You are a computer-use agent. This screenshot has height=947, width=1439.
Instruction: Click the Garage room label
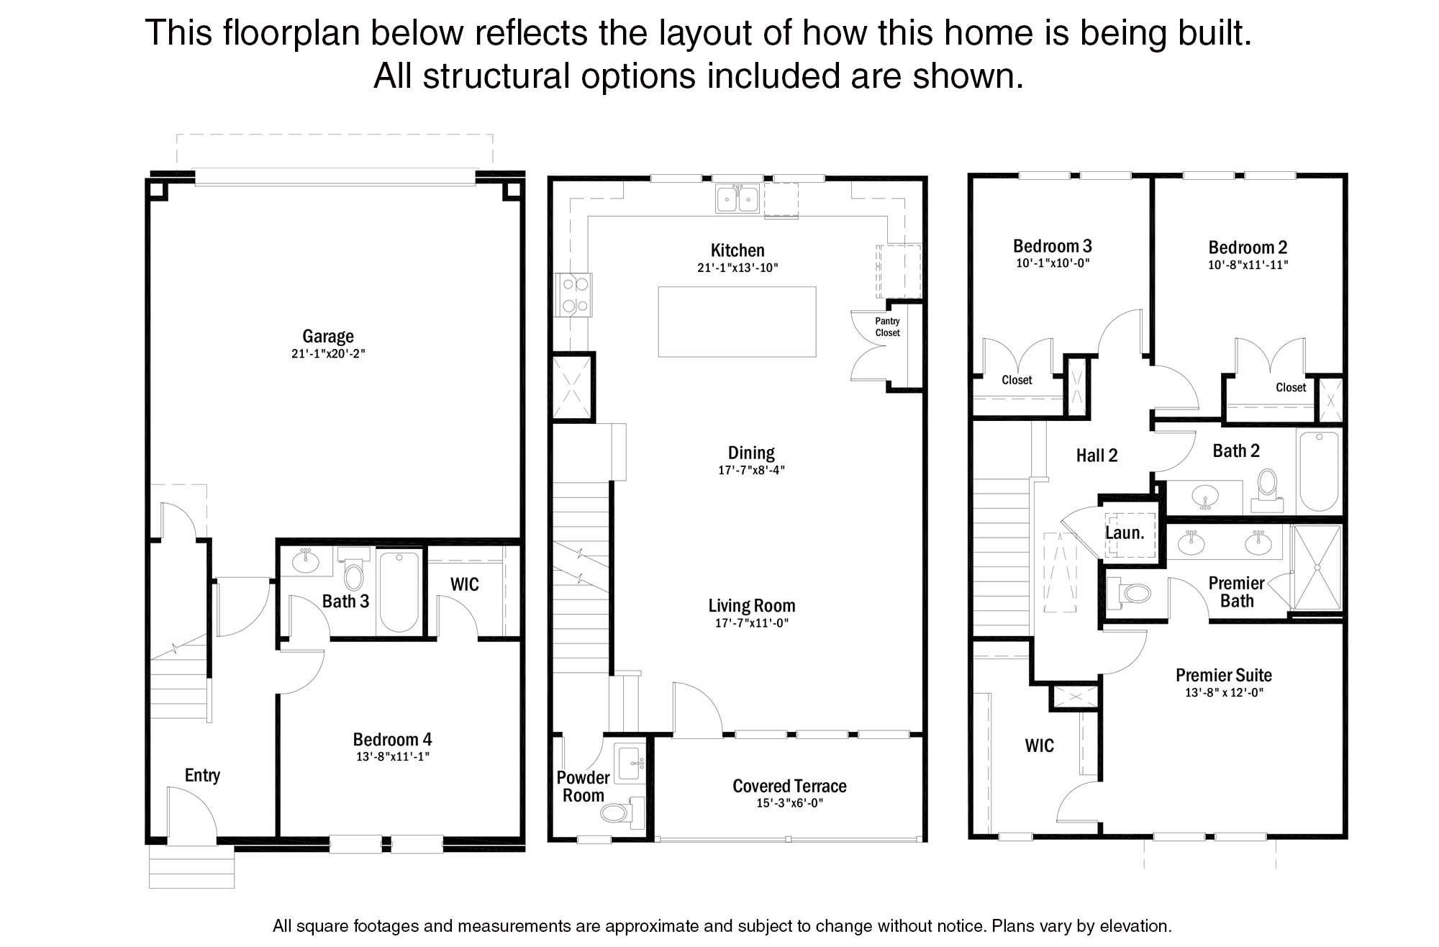[x=328, y=336]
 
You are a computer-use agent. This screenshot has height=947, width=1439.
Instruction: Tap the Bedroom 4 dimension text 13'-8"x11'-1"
[x=393, y=756]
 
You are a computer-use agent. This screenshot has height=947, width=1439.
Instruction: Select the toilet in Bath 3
[x=353, y=568]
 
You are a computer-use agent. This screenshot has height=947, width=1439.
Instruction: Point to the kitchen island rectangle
[x=737, y=322]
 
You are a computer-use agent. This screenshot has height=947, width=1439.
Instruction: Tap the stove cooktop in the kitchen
[x=573, y=295]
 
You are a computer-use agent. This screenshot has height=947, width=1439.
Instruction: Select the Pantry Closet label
[x=887, y=327]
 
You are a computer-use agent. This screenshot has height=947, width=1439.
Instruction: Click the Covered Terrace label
[x=789, y=786]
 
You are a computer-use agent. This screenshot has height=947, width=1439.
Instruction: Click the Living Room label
[x=752, y=606]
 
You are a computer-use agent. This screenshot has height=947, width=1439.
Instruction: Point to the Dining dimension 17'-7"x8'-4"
[x=751, y=470]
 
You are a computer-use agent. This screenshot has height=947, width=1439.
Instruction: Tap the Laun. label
[x=1125, y=533]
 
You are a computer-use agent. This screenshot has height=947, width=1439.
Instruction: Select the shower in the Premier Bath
[x=1317, y=568]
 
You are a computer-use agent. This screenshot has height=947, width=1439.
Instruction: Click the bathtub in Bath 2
[x=1319, y=471]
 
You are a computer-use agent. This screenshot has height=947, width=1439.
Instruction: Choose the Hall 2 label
[x=1097, y=456]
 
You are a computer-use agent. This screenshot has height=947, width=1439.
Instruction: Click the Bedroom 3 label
[x=1053, y=246]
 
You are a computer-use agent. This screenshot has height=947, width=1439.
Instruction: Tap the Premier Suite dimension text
[x=1224, y=692]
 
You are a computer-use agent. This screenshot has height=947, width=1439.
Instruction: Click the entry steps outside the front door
[x=192, y=866]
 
